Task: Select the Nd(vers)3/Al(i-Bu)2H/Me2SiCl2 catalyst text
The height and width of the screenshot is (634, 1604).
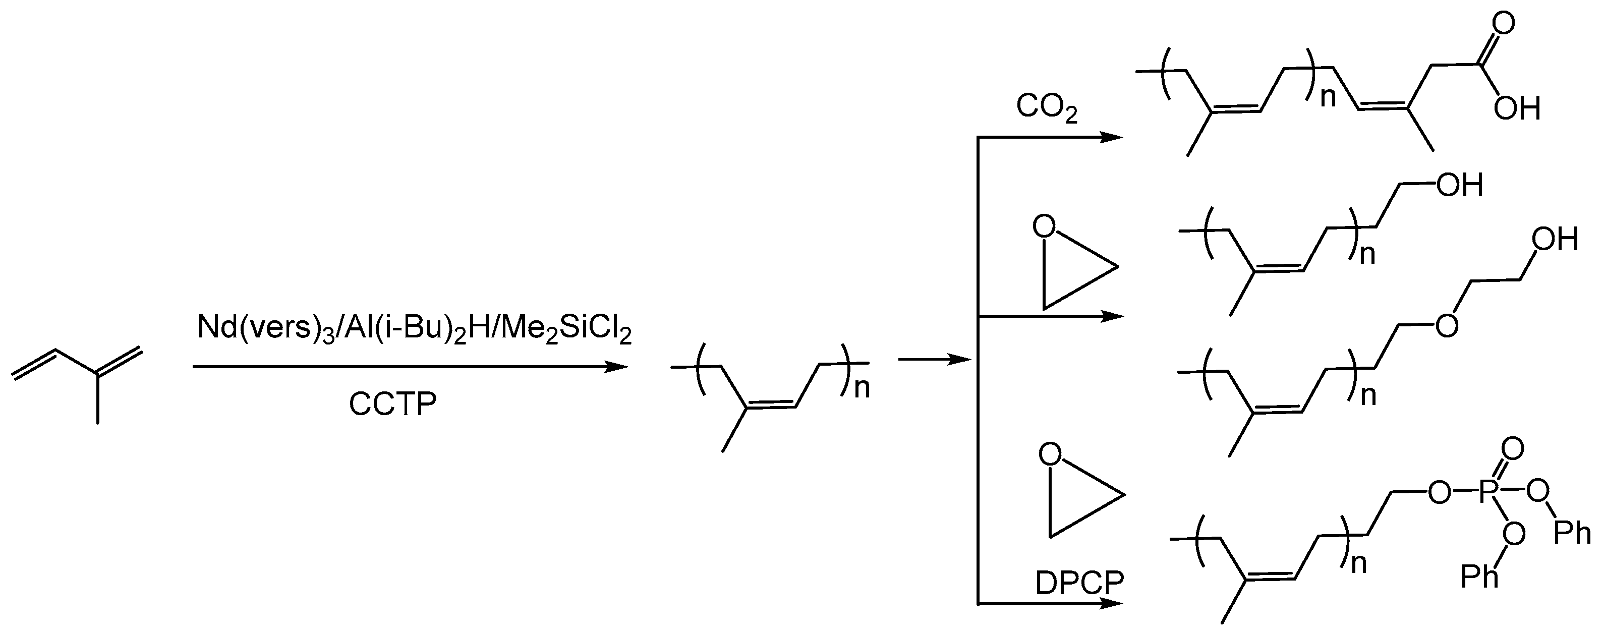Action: (414, 328)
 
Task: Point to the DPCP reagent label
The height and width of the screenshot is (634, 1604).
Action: (1079, 584)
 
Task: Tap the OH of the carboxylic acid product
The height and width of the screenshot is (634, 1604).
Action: (1516, 109)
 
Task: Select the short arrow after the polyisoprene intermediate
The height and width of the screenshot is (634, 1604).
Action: (934, 359)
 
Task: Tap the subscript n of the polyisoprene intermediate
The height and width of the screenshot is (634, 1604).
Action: (862, 388)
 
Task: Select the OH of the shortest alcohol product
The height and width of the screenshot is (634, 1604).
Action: (1459, 185)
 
